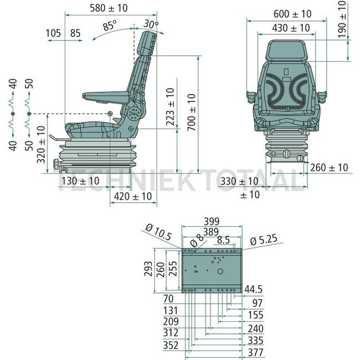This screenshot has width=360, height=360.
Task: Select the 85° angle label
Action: coord(110,25)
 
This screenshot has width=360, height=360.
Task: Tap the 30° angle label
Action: coord(151,24)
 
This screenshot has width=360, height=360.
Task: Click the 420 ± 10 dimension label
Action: coord(132,197)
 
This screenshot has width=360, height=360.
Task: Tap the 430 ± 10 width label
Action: coord(291,27)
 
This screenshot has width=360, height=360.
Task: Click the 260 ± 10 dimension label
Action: coord(329,167)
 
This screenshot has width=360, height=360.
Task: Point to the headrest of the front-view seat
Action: coord(286,51)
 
